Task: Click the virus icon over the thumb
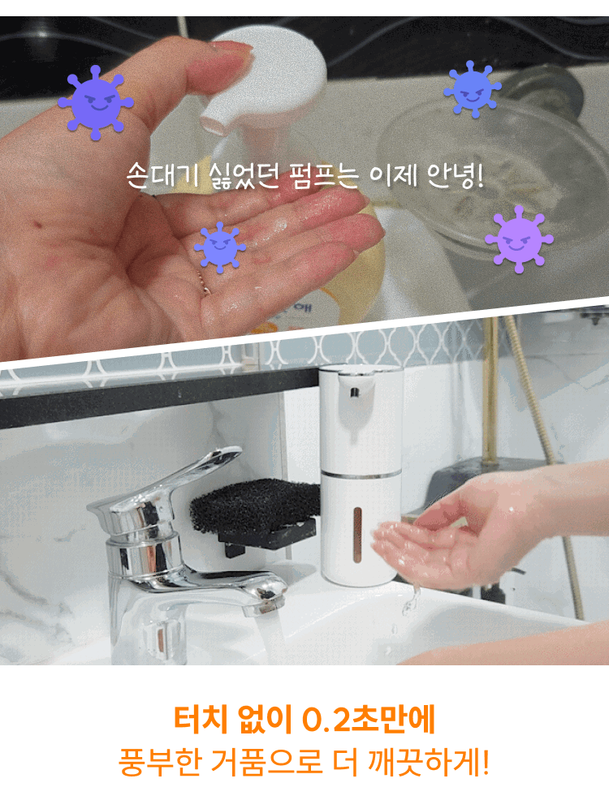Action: coord(96,102)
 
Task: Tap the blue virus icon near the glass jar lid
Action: coord(473,90)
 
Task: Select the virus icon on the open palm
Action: coord(220,247)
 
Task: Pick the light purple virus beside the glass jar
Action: coord(519,239)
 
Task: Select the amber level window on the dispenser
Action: coord(358,535)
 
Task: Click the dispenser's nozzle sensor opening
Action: coord(354,393)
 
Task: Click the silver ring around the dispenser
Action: coord(360,475)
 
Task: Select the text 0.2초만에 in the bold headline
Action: coord(368,720)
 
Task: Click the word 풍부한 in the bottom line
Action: coord(159,762)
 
